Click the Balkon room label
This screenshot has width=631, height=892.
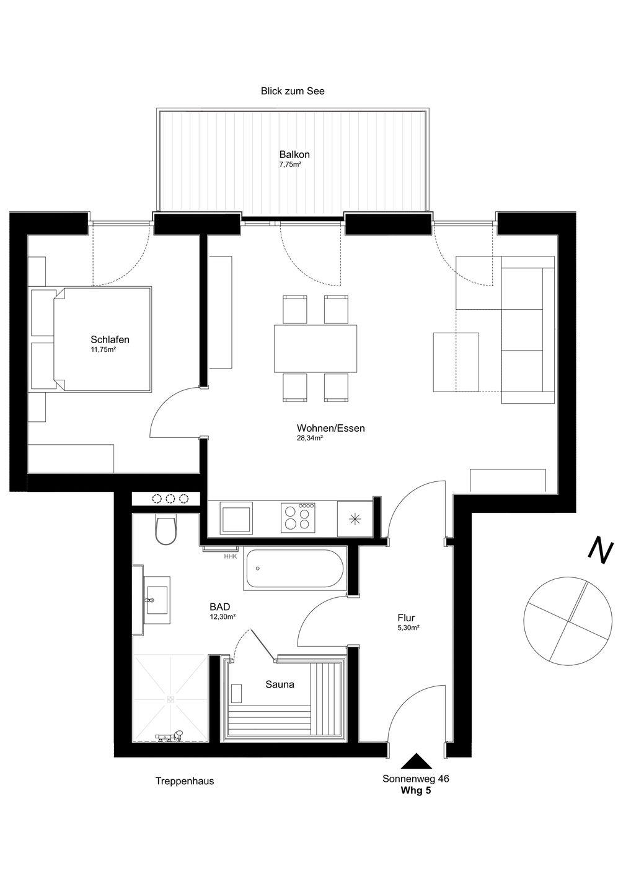(x=294, y=154)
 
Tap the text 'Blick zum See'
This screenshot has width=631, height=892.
(x=293, y=91)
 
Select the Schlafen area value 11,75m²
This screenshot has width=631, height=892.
(x=103, y=349)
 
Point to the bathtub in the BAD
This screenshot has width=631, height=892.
(x=294, y=569)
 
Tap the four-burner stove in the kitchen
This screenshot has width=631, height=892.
(x=299, y=518)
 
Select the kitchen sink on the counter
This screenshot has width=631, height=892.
(x=236, y=518)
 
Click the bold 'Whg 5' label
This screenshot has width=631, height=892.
(x=416, y=790)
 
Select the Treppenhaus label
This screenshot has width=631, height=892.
(x=185, y=781)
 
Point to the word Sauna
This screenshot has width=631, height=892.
(x=280, y=684)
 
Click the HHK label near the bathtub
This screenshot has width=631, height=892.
(x=230, y=557)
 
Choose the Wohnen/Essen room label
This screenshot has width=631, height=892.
(x=330, y=428)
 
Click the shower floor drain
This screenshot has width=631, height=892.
(x=170, y=699)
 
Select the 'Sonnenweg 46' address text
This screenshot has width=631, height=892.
(x=415, y=779)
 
